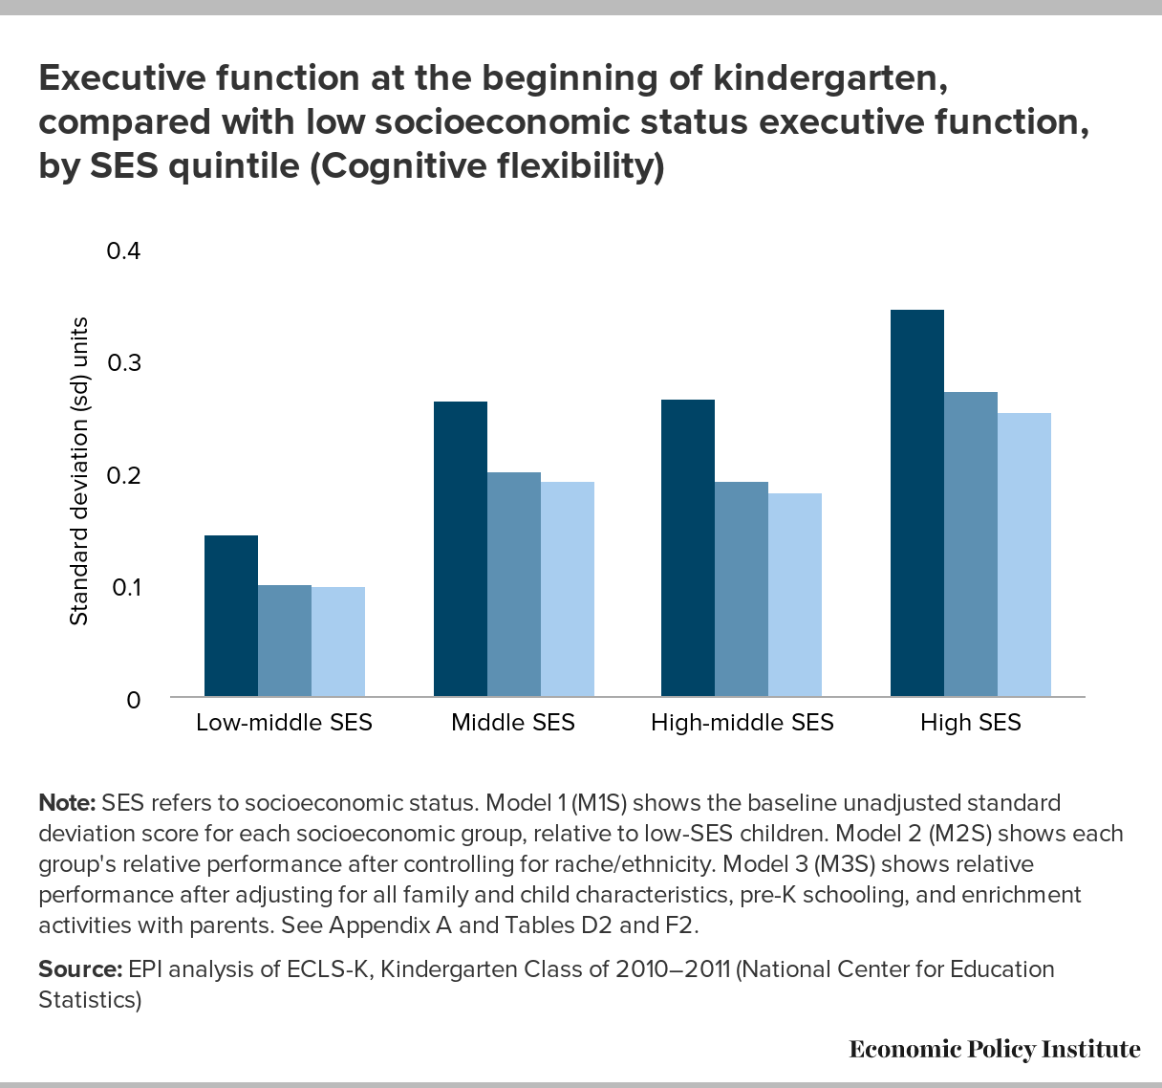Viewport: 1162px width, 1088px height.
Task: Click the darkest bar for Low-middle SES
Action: coord(231,616)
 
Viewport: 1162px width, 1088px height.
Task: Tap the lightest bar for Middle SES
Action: coord(568,589)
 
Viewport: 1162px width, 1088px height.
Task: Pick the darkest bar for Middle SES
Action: coord(461,549)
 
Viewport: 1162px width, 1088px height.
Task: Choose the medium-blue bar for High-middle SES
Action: coord(742,589)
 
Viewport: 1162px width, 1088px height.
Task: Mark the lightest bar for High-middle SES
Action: coord(795,595)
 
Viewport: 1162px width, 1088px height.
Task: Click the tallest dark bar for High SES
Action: coord(917,503)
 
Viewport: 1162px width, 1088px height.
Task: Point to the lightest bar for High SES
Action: coord(1024,555)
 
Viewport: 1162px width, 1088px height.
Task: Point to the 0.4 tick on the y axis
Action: coord(124,251)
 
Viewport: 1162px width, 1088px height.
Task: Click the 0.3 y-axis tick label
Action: coord(124,363)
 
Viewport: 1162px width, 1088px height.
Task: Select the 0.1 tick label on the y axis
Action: coord(124,587)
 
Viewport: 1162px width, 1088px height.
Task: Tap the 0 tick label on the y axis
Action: coord(133,700)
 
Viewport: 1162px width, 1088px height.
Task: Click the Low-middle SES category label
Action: coord(284,723)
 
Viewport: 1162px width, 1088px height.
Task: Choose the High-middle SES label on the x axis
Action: coord(742,723)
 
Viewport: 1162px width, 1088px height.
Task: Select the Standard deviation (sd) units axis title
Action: coord(79,471)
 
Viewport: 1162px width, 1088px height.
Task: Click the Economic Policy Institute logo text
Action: coord(994,1050)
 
